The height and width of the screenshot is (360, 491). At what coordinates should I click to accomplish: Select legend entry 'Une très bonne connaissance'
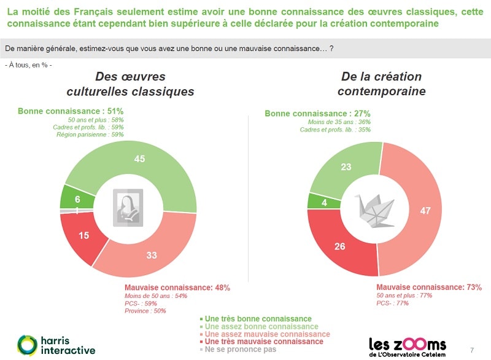[256, 319]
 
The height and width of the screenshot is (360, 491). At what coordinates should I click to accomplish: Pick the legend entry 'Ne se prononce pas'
[240, 349]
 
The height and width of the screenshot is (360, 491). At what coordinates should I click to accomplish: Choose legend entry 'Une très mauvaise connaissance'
[263, 342]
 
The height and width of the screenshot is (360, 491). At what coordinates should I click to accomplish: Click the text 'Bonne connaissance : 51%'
[71, 111]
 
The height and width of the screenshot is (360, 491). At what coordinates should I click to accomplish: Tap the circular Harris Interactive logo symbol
[27, 345]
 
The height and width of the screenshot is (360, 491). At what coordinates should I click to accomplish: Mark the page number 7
[471, 350]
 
